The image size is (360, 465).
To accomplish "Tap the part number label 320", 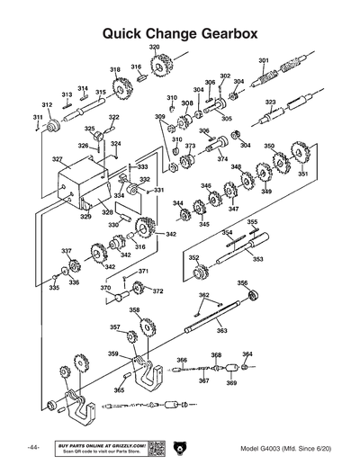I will [154, 46].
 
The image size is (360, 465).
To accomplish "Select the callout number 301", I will [264, 61].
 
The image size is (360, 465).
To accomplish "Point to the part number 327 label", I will [57, 160].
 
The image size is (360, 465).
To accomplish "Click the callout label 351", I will [303, 174].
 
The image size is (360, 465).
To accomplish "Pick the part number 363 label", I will [221, 331].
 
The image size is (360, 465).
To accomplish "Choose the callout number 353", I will [257, 259].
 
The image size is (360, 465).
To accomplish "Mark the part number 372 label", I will [157, 291].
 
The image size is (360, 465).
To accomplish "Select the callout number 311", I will [38, 118].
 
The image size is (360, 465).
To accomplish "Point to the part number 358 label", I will [134, 310].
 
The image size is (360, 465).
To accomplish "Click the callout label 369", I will [231, 383].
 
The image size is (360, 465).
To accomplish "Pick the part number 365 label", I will [119, 390].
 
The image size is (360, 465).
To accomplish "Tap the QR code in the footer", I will [155, 447].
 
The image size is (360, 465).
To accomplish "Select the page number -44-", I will [32, 448].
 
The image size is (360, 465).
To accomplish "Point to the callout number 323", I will [270, 103].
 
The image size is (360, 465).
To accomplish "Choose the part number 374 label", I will [222, 158].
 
